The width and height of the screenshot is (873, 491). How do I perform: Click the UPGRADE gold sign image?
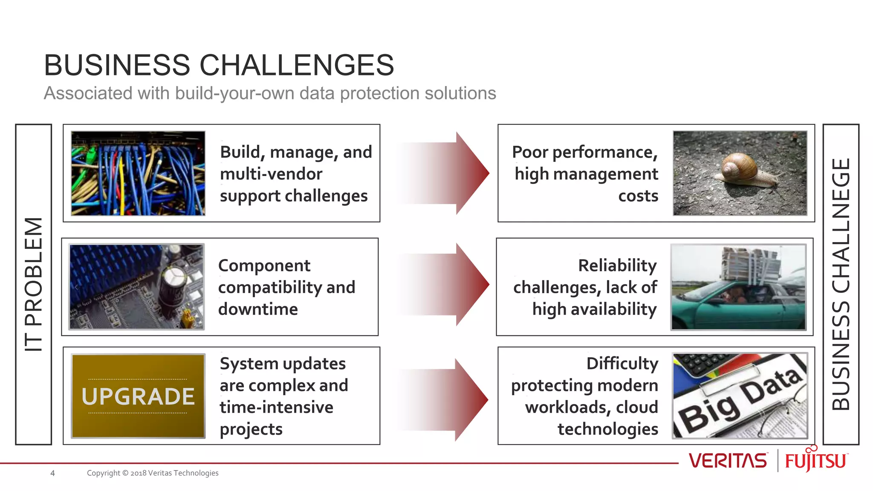138,396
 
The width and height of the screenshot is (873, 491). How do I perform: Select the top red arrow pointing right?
452,173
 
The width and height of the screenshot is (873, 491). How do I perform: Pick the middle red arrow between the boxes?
452,285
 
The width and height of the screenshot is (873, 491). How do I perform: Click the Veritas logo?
728,461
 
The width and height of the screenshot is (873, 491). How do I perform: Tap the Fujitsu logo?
816,460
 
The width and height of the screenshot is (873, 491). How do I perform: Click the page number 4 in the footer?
52,473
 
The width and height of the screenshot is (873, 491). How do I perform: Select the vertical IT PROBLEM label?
33,284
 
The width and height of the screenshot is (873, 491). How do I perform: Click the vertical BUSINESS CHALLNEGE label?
841,284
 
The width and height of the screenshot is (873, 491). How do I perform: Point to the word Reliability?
617,266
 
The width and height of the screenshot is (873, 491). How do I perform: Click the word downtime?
258,309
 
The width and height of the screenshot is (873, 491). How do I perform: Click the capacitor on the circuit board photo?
173,283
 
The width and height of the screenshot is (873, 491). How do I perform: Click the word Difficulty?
622,364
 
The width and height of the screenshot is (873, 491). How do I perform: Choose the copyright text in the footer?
153,473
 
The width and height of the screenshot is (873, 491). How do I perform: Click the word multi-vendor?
271,174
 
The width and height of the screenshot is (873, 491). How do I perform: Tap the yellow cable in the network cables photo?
122,188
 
